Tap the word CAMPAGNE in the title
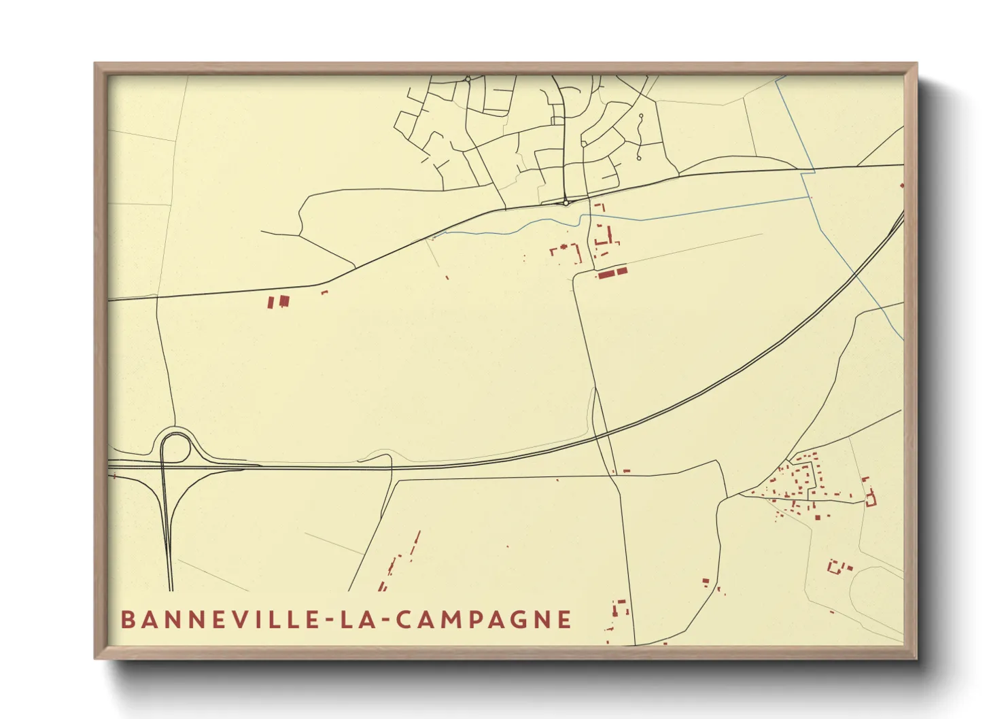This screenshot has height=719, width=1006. point(483,620)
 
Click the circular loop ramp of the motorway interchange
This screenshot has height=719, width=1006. point(175,448)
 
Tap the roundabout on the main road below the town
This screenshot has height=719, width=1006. point(566,203)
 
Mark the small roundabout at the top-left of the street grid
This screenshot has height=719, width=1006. point(468,80)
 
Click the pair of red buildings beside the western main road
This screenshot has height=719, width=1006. point(279,301)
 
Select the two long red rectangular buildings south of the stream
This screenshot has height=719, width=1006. point(612,273)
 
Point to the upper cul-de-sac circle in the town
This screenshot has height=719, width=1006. point(641,116)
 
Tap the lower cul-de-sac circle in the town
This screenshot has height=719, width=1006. point(638,158)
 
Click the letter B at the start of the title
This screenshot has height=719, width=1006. point(127,620)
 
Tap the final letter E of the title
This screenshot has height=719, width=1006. point(564,620)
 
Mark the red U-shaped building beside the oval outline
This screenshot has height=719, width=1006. point(837,566)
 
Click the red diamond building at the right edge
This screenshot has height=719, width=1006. point(902,185)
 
